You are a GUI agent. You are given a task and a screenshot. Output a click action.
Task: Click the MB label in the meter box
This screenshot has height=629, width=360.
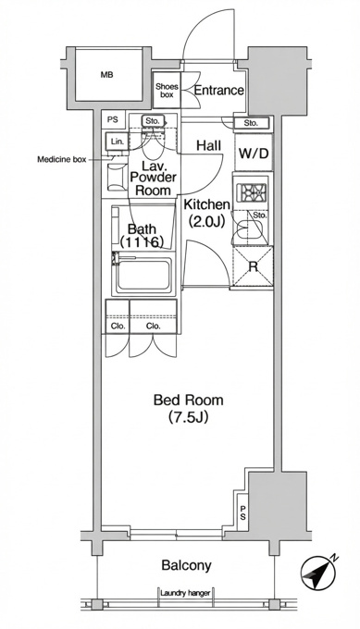(x=106, y=75)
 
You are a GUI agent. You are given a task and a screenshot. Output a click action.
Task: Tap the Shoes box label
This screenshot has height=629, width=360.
(x=167, y=91)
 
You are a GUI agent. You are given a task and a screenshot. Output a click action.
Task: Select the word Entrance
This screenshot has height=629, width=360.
(x=218, y=90)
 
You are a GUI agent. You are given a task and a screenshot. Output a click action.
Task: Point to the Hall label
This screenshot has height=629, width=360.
(x=209, y=145)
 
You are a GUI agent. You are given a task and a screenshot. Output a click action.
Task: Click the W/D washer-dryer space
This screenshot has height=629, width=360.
(x=254, y=153)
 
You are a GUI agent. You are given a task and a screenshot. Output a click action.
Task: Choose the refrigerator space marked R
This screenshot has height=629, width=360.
(x=253, y=266)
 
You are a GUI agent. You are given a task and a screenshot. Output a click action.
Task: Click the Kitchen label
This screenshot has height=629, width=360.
(x=207, y=204)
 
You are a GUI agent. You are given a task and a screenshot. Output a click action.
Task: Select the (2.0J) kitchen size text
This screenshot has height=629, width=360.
(x=206, y=221)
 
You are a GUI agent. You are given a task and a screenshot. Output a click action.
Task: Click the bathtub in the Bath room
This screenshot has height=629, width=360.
(x=143, y=276)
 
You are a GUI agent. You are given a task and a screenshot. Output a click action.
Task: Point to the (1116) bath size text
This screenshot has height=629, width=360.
(x=143, y=242)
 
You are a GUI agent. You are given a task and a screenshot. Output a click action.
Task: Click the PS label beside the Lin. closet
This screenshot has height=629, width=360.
(x=113, y=119)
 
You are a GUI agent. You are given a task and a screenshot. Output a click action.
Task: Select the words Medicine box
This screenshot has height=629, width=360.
(x=62, y=160)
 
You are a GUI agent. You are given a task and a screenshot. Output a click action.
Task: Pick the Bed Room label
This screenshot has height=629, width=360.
(x=188, y=400)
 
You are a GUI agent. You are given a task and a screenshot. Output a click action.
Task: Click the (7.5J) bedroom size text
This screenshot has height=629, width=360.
(x=188, y=417)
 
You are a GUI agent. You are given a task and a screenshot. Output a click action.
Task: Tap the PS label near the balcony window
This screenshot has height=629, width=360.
(x=242, y=512)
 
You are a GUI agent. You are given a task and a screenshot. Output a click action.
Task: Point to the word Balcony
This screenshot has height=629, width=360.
(x=186, y=565)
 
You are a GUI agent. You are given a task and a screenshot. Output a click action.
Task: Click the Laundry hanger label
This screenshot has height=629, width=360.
(x=185, y=593)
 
